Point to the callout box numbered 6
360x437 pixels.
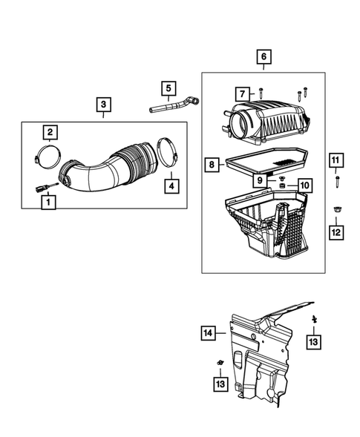[x=263, y=56]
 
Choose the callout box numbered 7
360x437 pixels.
[x=242, y=93]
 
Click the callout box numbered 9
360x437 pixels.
[x=261, y=180]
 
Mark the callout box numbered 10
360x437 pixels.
[x=304, y=184]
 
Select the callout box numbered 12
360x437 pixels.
[x=336, y=233]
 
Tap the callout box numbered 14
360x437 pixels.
[x=209, y=334]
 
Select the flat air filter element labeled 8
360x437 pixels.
[x=269, y=162]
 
